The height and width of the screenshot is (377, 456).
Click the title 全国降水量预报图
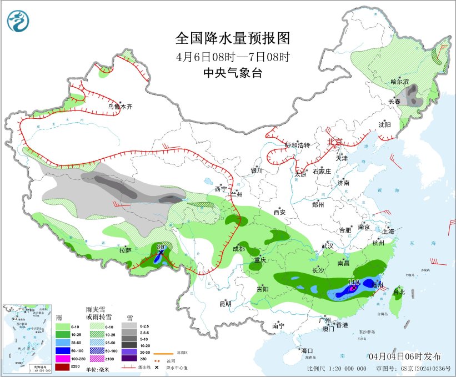click(232, 38)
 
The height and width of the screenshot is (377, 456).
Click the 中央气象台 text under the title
click(232, 73)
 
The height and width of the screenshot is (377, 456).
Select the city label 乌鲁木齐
click(120, 107)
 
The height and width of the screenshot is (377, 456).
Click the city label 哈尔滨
click(399, 82)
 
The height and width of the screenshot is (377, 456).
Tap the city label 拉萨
click(125, 250)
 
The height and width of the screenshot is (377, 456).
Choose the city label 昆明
click(226, 304)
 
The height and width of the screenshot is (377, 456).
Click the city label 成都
click(238, 249)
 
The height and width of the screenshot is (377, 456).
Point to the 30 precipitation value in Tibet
click(162, 247)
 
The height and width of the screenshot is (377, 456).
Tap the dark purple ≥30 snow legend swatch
click(131, 359)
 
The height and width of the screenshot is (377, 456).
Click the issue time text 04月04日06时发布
click(405, 356)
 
